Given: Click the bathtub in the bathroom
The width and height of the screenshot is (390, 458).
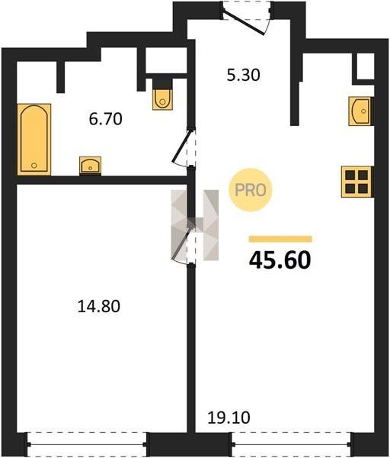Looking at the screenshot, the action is [34, 140].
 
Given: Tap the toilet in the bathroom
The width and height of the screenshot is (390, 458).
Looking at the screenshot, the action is [163, 95].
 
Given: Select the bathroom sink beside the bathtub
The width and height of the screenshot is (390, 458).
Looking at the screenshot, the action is [91, 166].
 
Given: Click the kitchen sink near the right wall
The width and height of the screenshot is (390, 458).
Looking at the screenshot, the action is [361, 111].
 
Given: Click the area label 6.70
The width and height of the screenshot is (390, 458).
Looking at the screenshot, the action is [106, 119].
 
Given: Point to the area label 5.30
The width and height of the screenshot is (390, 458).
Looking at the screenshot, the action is [244, 75].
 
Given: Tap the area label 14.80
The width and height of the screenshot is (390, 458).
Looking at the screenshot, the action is [99, 307].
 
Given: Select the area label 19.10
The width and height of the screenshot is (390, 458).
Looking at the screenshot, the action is [229, 418].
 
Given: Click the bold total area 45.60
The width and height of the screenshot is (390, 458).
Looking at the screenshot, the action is [280, 260].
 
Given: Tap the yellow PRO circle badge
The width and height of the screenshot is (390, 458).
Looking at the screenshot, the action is [251, 190].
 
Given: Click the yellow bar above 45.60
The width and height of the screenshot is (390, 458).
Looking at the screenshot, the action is [280, 239].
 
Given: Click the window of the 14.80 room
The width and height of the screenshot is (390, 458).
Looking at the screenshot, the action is [87, 444].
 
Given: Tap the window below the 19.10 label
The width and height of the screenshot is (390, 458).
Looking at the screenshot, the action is [292, 444].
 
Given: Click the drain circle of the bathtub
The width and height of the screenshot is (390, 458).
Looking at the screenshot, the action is [34, 166].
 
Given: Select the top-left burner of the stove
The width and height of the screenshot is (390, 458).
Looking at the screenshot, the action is [350, 175].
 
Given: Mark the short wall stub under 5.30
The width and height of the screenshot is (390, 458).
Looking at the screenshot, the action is [295, 104].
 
